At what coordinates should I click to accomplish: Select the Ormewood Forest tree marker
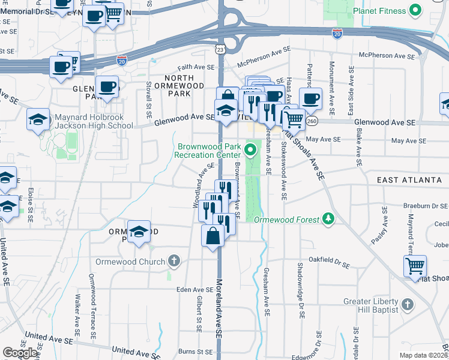click(328, 219)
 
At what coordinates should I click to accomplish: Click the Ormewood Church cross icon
click(173, 262)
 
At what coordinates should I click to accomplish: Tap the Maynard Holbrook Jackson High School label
click(94, 121)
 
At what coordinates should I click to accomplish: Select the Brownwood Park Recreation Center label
click(208, 150)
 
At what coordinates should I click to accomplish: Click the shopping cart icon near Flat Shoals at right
click(415, 266)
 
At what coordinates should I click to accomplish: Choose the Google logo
click(20, 353)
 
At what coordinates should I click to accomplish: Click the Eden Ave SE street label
click(194, 290)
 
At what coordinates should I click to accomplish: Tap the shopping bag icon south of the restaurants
click(213, 236)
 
